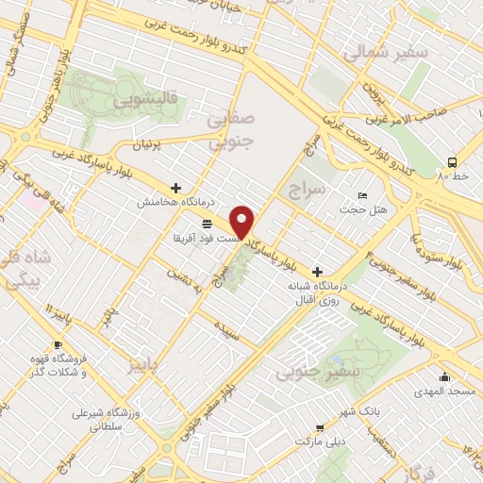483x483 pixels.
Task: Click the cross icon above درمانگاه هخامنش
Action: pos(176,188)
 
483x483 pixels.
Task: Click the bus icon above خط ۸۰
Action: pos(453,161)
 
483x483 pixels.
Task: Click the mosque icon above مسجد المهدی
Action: pos(445,376)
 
